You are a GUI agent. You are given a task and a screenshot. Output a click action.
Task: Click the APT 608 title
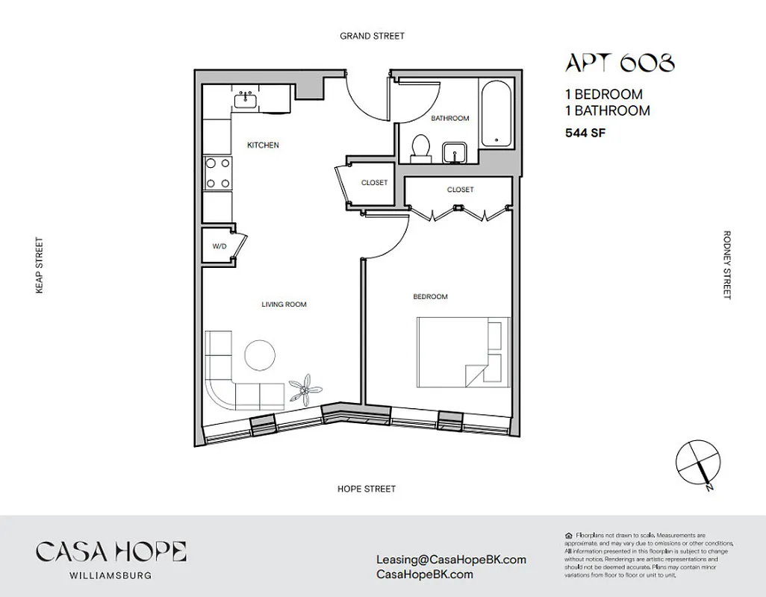click(x=620, y=63)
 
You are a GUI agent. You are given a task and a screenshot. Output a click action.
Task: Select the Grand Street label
click(x=372, y=36)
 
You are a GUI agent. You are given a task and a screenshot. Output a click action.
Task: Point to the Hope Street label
click(x=366, y=489)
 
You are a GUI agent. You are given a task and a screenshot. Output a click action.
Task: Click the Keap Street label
click(x=40, y=266)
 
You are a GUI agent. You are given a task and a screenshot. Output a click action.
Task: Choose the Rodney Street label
click(x=726, y=265)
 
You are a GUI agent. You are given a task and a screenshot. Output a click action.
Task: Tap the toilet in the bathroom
click(x=421, y=147)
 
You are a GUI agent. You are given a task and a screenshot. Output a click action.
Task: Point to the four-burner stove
click(x=217, y=173)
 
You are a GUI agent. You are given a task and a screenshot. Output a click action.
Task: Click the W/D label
click(x=219, y=245)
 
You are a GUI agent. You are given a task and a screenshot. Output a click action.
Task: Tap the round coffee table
click(x=261, y=356)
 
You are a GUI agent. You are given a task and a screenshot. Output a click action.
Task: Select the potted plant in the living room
click(x=306, y=389)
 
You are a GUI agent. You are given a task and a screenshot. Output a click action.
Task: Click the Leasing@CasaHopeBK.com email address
click(x=452, y=559)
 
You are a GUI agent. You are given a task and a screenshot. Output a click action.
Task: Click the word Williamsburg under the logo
click(x=110, y=575)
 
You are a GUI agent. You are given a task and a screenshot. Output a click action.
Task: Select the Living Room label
click(x=284, y=304)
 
